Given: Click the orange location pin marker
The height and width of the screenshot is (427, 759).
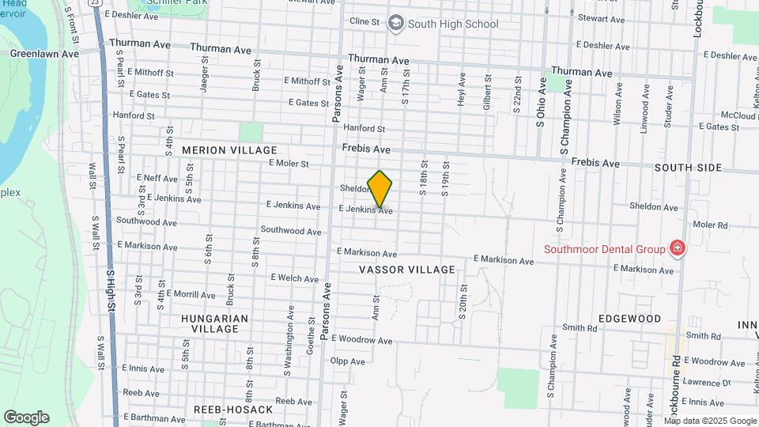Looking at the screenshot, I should pyautogui.click(x=380, y=188).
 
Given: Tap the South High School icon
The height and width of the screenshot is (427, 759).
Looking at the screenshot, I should pyautogui.click(x=395, y=23).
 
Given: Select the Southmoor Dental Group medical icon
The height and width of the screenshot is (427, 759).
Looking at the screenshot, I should pyautogui.click(x=677, y=249).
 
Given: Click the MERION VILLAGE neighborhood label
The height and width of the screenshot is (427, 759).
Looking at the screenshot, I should pyautogui.click(x=229, y=150).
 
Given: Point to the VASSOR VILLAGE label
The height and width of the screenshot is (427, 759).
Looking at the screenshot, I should pyautogui.click(x=407, y=270).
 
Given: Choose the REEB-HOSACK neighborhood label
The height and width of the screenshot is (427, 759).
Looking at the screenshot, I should pyautogui.click(x=233, y=410).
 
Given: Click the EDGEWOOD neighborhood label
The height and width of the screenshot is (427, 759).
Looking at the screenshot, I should pyautogui.click(x=629, y=319).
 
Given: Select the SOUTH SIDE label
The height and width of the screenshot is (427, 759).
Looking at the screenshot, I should pyautogui.click(x=688, y=168).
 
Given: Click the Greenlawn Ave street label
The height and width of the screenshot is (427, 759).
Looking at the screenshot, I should pyautogui.click(x=44, y=55).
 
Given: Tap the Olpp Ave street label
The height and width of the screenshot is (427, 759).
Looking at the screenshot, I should pyautogui.click(x=348, y=361).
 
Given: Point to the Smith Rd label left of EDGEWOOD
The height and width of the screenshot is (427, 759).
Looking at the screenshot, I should pyautogui.click(x=580, y=328).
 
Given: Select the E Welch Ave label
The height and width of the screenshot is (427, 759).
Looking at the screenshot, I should pyautogui.click(x=294, y=278).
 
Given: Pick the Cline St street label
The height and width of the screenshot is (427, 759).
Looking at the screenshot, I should pyautogui.click(x=364, y=21).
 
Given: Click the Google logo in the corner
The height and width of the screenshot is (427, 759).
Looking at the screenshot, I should pyautogui.click(x=26, y=417).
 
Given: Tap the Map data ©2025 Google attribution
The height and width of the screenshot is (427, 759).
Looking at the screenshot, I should pyautogui.click(x=710, y=421).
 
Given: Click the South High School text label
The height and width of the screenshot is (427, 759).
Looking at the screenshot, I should pyautogui.click(x=454, y=24).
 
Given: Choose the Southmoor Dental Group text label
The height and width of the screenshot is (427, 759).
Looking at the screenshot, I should pyautogui.click(x=604, y=249).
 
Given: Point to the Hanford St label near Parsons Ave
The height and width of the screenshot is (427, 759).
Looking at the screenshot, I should pyautogui.click(x=364, y=128).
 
